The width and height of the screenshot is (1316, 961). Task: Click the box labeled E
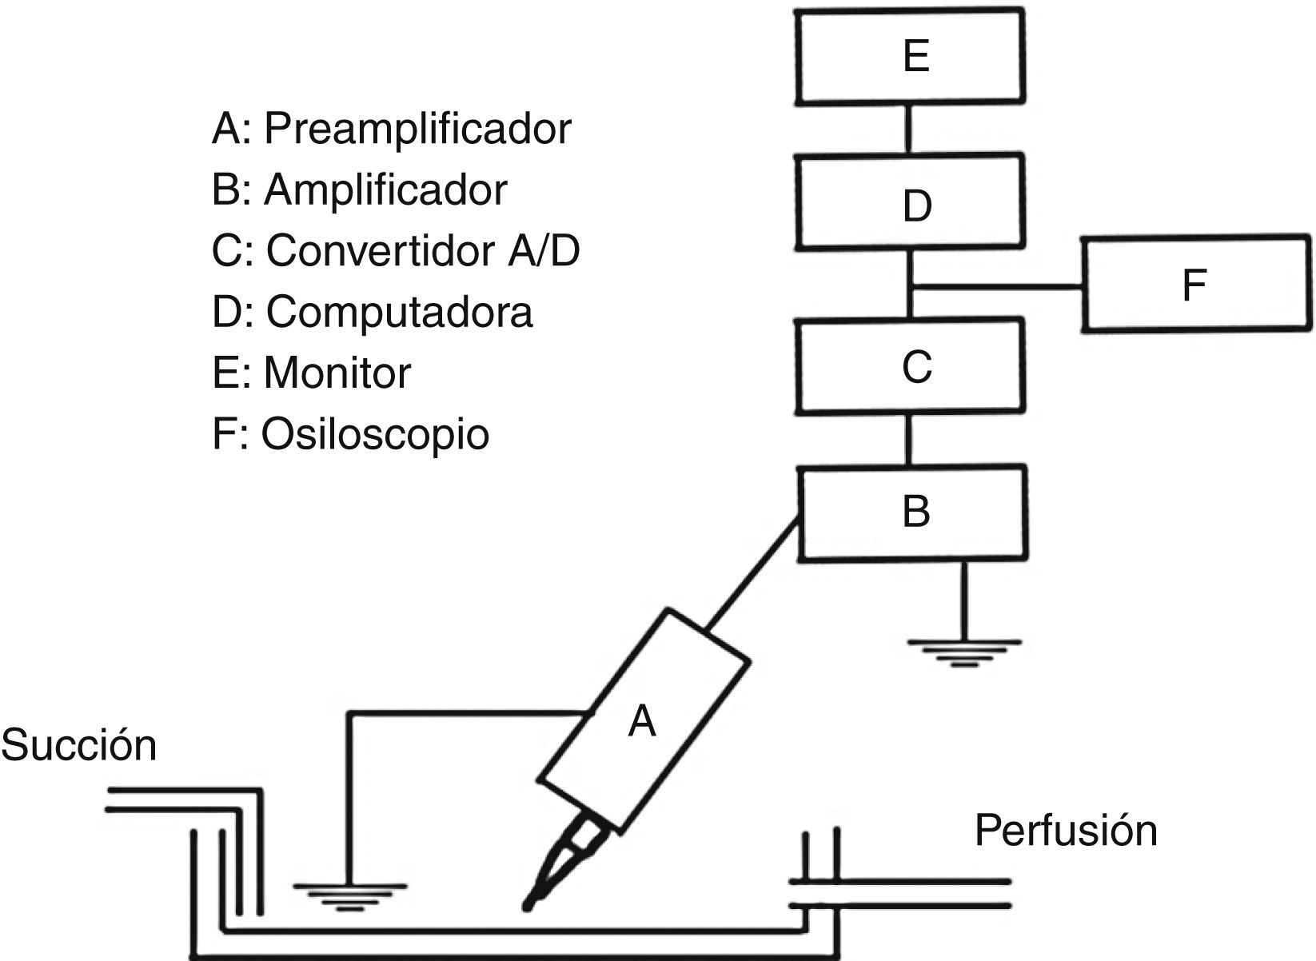coord(911,56)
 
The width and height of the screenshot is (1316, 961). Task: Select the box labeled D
coord(911,201)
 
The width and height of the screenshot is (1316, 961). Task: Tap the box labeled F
coord(1197,283)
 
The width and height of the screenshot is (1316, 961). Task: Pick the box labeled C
coord(911,366)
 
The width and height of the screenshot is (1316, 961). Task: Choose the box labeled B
coord(913,512)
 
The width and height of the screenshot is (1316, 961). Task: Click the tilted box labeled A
coord(644,720)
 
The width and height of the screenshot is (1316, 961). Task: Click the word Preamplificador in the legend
coord(417,129)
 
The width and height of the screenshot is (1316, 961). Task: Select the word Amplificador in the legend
coord(385,190)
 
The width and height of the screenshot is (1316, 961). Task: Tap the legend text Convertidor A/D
coord(422,251)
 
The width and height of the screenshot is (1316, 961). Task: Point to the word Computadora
coord(399,312)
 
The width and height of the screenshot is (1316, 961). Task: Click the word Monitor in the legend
coord(337,373)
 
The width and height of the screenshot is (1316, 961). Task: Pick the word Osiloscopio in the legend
coord(374,434)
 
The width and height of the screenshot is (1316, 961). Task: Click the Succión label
coord(78,745)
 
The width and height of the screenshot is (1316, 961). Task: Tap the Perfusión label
coord(1065,831)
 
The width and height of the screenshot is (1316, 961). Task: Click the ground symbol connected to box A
coord(349,895)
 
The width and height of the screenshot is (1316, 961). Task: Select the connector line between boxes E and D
coord(909,128)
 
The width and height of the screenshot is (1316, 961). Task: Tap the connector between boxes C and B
coord(909,440)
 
